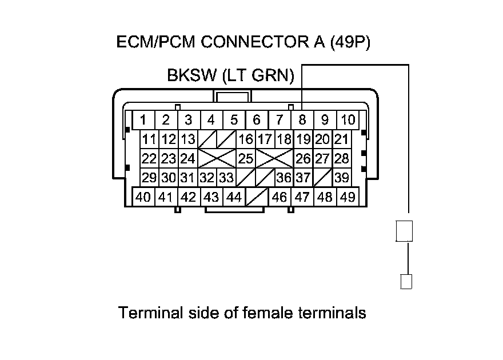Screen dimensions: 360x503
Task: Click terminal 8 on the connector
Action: (302, 120)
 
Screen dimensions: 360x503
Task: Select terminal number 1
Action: (143, 120)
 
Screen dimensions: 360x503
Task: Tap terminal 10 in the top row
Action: (347, 120)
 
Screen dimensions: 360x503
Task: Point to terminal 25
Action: (246, 158)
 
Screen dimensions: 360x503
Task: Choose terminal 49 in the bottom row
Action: (347, 197)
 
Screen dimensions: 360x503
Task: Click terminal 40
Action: (143, 197)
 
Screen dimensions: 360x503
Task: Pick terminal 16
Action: (246, 139)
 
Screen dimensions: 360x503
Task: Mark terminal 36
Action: (284, 178)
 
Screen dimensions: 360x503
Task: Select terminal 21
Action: (341, 139)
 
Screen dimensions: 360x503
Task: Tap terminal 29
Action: (149, 178)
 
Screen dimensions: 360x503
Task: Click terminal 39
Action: (342, 178)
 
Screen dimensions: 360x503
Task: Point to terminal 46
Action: (280, 197)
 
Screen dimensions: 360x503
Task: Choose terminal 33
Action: (226, 178)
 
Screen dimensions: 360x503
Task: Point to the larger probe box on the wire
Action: (404, 231)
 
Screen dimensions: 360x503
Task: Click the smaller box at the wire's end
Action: (406, 281)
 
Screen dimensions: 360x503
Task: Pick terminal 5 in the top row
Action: (234, 120)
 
